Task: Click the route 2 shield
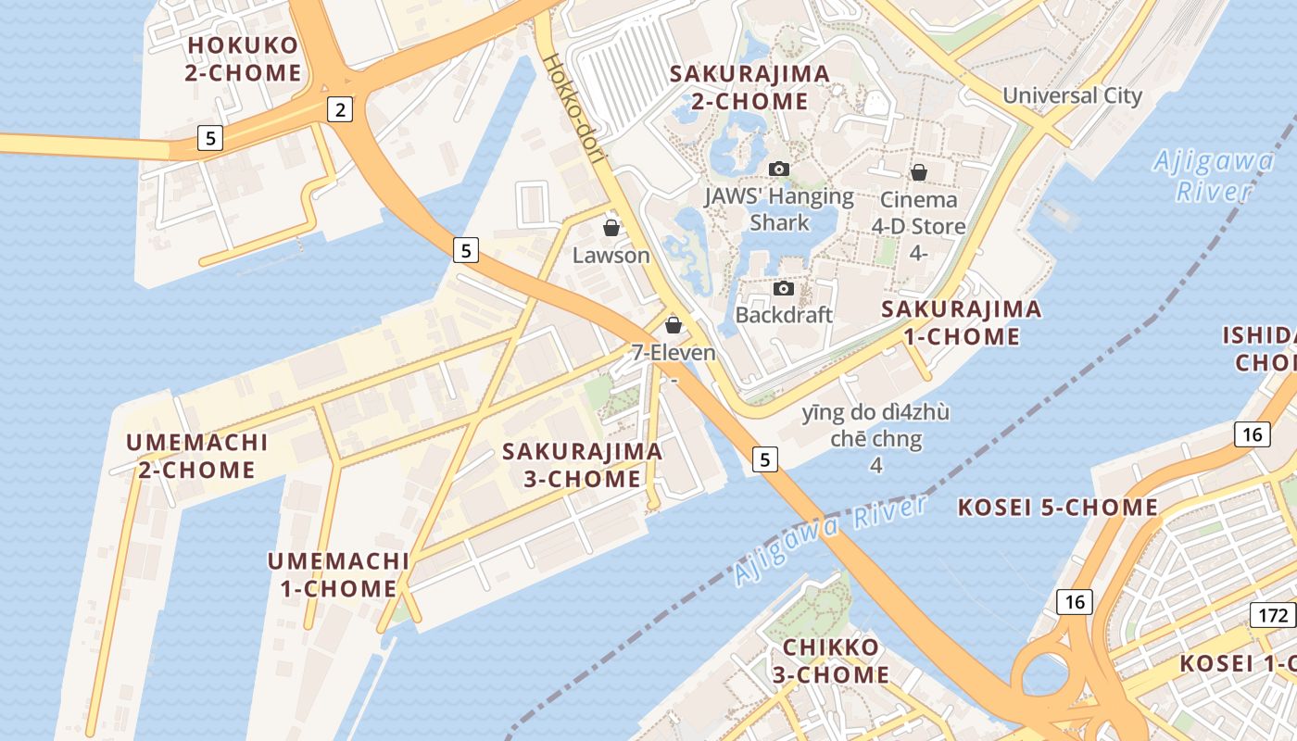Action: pos(341,110)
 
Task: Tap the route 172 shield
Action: pos(1274,615)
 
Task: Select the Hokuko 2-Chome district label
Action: pos(243,59)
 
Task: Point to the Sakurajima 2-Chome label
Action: pos(749,87)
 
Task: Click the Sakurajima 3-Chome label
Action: pos(582,465)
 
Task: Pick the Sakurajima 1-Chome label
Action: pos(961,322)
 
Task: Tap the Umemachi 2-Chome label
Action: pos(197,456)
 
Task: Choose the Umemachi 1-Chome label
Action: pos(338,574)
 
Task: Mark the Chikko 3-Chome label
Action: pos(831,660)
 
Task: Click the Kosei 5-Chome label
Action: pos(1057,508)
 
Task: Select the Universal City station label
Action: pos(1072,96)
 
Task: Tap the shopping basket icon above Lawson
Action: pos(611,228)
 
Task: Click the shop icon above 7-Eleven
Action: pos(674,325)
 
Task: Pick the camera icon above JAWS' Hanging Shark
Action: pos(779,169)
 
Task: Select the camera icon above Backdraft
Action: pos(784,288)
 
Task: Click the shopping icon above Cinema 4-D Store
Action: pos(919,172)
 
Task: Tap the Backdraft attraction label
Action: pos(784,315)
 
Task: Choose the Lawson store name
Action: pos(611,255)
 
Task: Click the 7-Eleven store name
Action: pos(674,353)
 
